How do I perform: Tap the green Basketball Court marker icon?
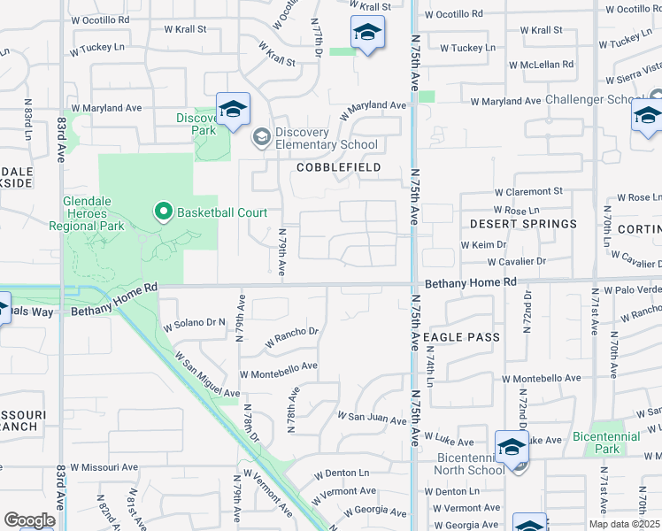(x=163, y=212)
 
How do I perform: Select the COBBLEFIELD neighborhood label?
(x=339, y=167)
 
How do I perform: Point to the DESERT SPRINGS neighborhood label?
(x=523, y=224)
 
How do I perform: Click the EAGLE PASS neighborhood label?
(x=461, y=337)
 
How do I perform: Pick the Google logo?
(x=29, y=520)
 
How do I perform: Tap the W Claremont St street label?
(x=528, y=191)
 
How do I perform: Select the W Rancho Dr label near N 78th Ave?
(x=290, y=334)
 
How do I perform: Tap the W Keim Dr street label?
(x=482, y=244)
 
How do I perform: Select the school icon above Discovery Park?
(x=233, y=109)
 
